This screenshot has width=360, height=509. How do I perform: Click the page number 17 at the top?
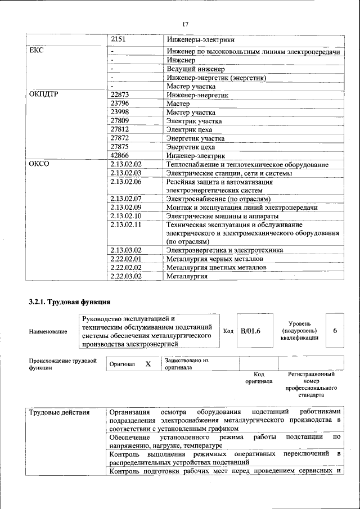(x=185, y=24)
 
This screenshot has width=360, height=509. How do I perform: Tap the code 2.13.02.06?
(x=127, y=182)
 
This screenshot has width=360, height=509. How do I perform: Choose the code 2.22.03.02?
(x=127, y=276)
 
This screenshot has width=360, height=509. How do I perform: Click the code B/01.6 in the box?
(x=250, y=331)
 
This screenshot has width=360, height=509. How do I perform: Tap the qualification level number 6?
(x=335, y=331)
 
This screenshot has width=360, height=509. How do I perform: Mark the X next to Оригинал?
(x=148, y=364)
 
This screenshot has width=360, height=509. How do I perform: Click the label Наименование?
(x=48, y=332)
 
